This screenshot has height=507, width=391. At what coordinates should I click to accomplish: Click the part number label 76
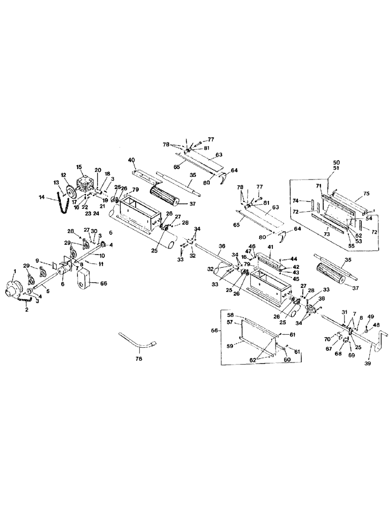139,358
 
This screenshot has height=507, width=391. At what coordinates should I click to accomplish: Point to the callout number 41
270,246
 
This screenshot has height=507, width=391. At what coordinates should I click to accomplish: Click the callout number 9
37,261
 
